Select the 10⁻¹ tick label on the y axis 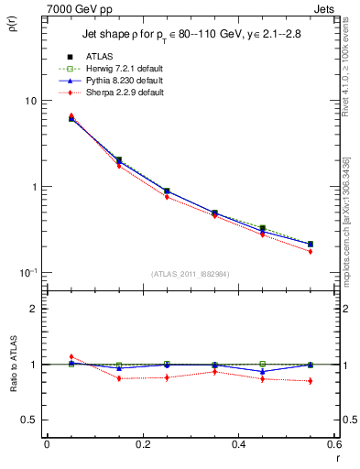tap(27, 272)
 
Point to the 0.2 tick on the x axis tap(142, 443)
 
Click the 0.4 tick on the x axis tap(238, 443)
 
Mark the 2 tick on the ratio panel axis tap(34, 309)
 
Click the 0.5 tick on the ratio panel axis tap(30, 420)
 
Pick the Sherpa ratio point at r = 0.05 tap(71, 356)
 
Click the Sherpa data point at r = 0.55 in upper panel tap(311, 251)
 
